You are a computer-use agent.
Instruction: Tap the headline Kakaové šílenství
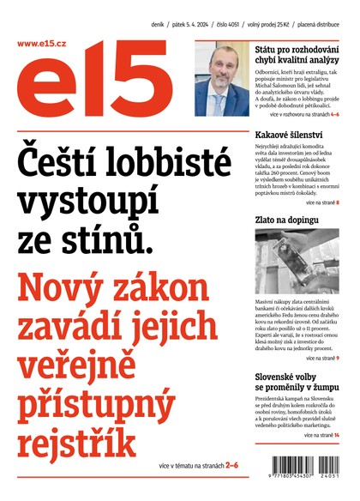pos(289,136)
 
